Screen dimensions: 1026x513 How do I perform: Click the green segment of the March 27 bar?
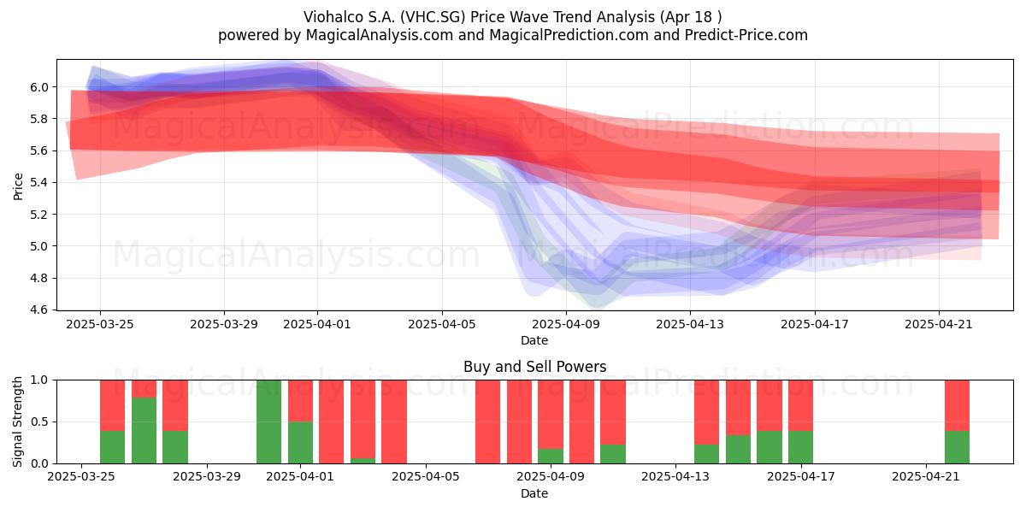(x=144, y=431)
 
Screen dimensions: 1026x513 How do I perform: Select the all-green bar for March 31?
(x=268, y=422)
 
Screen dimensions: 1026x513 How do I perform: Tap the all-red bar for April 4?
(x=394, y=422)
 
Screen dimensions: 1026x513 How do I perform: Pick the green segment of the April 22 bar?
(x=957, y=447)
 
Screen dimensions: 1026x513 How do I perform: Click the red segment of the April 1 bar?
(x=300, y=401)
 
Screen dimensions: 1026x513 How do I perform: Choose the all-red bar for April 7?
(x=488, y=422)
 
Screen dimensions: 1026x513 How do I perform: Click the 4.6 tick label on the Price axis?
(x=39, y=310)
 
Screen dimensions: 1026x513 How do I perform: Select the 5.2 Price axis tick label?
(x=39, y=215)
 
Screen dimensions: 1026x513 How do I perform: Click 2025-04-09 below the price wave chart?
(x=566, y=324)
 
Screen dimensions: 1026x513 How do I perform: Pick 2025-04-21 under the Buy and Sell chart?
(x=926, y=477)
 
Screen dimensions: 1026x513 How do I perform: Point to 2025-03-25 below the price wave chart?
(x=100, y=324)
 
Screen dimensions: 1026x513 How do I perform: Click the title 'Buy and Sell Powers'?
(x=534, y=367)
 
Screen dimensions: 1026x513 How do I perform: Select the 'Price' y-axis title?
(x=18, y=186)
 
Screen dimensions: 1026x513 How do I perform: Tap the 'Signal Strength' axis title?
(x=17, y=422)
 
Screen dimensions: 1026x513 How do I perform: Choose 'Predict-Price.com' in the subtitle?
(x=746, y=35)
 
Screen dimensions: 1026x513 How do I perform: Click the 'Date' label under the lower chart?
(x=534, y=493)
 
